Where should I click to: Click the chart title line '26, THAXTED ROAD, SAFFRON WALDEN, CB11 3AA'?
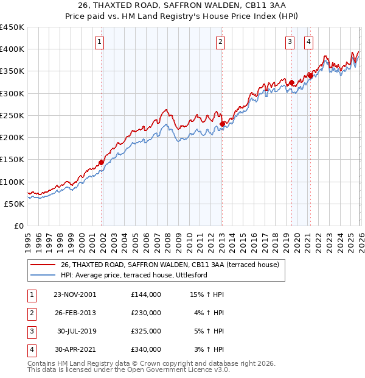(x=182, y=7)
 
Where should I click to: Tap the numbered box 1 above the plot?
(x=99, y=42)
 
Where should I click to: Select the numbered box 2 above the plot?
(x=220, y=42)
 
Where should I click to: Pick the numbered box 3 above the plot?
(x=290, y=42)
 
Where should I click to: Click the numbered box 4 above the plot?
(x=308, y=42)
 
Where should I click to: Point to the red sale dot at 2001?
(x=101, y=162)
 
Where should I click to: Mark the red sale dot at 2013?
(x=222, y=124)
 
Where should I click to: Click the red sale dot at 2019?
(x=291, y=82)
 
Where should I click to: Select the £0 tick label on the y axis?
(x=18, y=226)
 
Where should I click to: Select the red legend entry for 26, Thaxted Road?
(x=169, y=265)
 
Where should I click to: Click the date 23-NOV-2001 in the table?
(x=74, y=294)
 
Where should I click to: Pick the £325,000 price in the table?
(x=145, y=332)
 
